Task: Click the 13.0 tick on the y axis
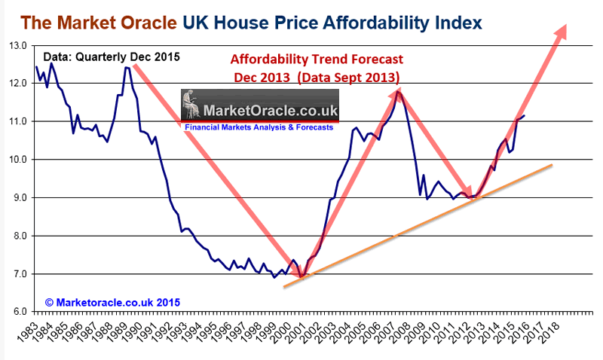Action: tap(17, 46)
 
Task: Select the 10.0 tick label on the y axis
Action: tap(17, 160)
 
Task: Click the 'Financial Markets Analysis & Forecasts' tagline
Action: tap(259, 128)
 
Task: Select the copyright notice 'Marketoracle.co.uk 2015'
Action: tap(112, 302)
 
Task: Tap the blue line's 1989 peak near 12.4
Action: tap(127, 68)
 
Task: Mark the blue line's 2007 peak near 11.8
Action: tap(397, 92)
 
